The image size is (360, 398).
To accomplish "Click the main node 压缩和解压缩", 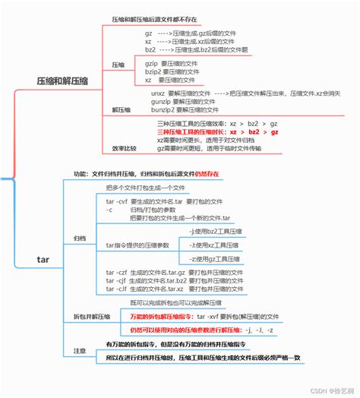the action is (62, 79).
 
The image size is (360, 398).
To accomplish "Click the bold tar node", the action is (43, 261).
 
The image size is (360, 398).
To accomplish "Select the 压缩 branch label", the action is (118, 65).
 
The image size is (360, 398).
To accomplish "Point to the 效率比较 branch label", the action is (125, 148).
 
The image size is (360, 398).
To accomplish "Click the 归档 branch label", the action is (80, 238).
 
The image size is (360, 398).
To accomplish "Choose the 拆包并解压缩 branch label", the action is (91, 316).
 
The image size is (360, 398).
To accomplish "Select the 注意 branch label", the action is (80, 350).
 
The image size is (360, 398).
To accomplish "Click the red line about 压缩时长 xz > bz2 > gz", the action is (217, 131).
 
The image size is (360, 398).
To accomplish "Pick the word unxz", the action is (158, 93).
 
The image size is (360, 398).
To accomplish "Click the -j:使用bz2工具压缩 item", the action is (216, 230).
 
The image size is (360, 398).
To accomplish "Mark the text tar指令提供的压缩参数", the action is (138, 245).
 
